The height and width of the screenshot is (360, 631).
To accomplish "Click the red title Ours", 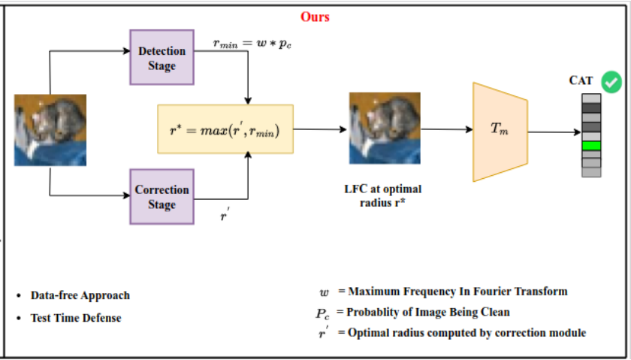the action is [x=315, y=17].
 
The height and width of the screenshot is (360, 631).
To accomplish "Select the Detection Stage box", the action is [x=162, y=57].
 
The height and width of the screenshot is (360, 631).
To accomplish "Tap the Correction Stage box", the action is [x=162, y=196].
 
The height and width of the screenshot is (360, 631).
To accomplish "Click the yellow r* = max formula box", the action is [x=225, y=129].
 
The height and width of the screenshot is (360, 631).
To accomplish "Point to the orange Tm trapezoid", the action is [x=500, y=132].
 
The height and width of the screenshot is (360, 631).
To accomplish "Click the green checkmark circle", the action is [x=611, y=82].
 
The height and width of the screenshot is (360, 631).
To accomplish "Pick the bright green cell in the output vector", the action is [x=591, y=146].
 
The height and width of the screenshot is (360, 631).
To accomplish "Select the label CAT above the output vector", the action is [x=581, y=80].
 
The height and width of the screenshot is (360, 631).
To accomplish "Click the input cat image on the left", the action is [x=50, y=130].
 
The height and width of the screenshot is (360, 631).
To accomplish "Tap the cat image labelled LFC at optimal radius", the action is [x=385, y=128].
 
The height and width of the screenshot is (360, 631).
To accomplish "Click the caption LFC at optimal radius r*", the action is [x=382, y=195].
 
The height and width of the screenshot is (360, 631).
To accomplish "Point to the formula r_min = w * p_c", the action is [x=252, y=44].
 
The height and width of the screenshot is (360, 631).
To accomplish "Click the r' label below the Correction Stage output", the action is [x=225, y=215].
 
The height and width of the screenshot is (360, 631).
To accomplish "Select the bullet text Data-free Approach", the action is [x=80, y=295].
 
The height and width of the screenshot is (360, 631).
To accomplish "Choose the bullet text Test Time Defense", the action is [x=76, y=318].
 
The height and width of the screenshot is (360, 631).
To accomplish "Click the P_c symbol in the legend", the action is [x=322, y=313].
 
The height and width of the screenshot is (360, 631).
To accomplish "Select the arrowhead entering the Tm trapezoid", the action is [x=469, y=129].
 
